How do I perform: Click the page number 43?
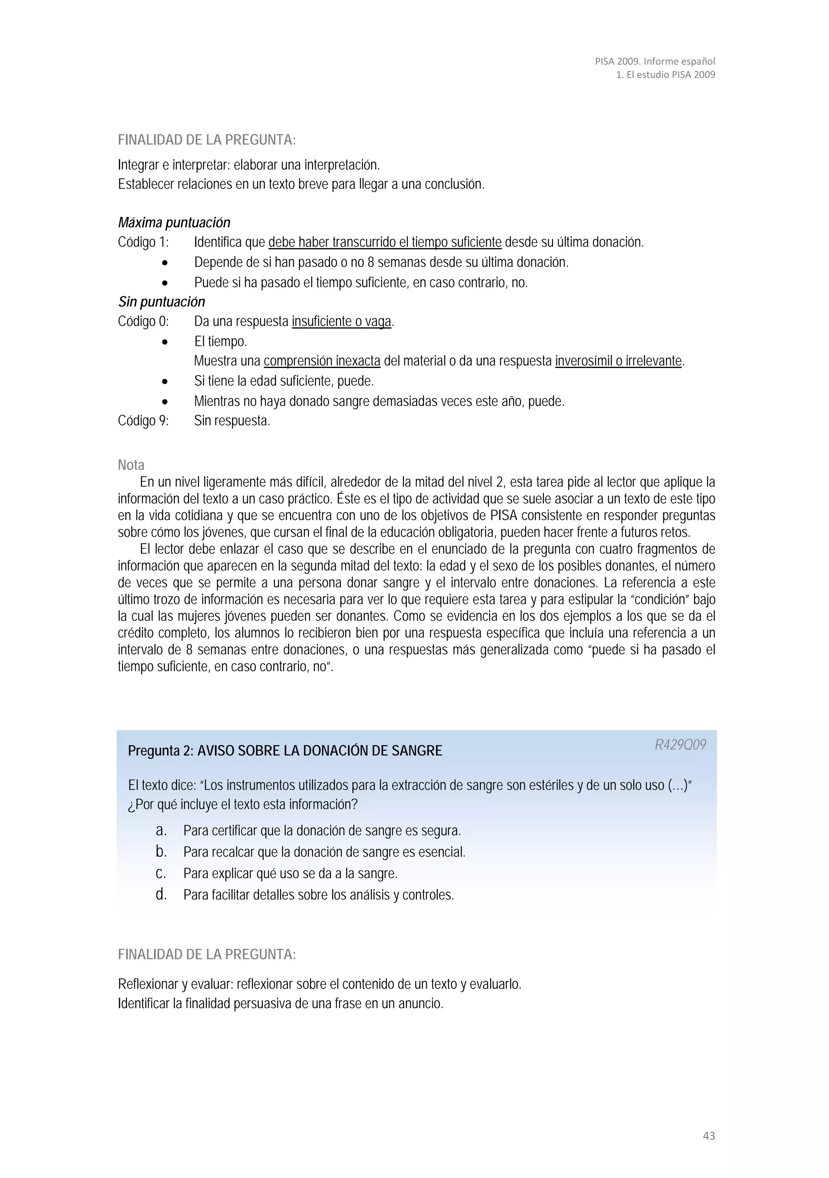(x=708, y=1135)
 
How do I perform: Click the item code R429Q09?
(x=680, y=744)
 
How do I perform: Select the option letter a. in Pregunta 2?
(x=161, y=830)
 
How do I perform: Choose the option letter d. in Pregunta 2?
(x=161, y=895)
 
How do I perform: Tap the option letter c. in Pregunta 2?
(x=161, y=873)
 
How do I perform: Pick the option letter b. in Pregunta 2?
(x=161, y=852)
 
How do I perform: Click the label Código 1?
(x=143, y=242)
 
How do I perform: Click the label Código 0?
(x=143, y=322)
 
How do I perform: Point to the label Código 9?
(x=143, y=421)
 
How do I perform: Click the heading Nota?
(x=131, y=465)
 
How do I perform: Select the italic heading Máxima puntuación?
(x=174, y=223)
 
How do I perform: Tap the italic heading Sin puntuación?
(x=162, y=302)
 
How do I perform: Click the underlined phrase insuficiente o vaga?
(x=341, y=322)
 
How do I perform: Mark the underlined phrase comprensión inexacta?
(x=322, y=361)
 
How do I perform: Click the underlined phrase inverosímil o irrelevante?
(x=618, y=361)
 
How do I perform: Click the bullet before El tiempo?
(x=165, y=342)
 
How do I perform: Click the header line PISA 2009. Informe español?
(x=655, y=61)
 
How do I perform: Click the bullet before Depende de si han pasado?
(x=165, y=263)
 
